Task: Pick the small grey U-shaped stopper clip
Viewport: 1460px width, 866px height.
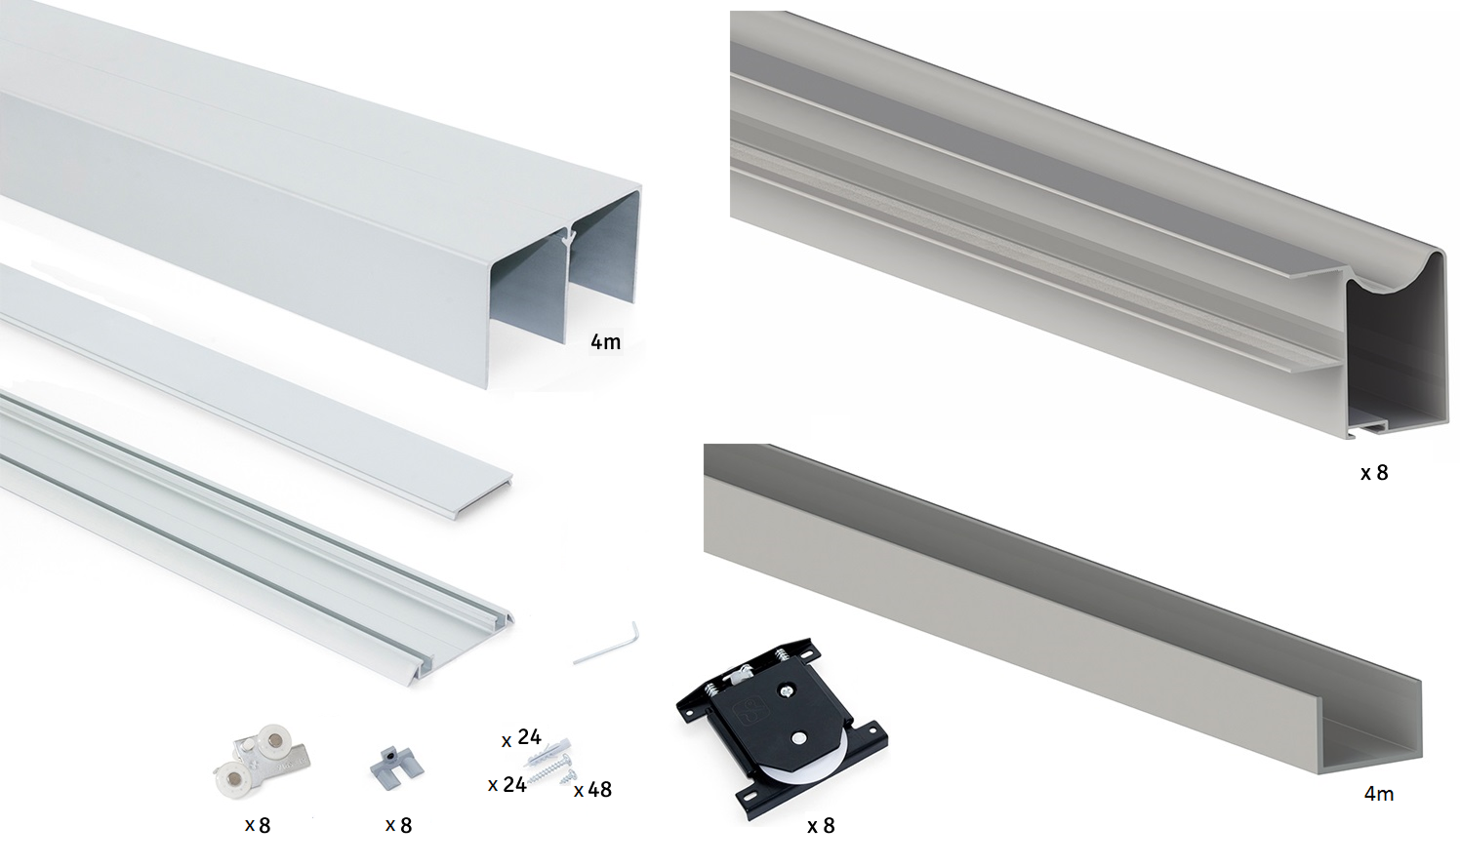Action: [x=396, y=765]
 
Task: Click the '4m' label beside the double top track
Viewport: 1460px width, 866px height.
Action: [x=605, y=342]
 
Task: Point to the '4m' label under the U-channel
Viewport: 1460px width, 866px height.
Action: [x=1379, y=794]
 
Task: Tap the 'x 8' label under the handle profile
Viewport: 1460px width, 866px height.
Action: [x=1374, y=473]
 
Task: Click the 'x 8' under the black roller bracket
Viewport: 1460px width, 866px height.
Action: [x=821, y=826]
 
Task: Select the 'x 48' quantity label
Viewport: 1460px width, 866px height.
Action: [x=592, y=790]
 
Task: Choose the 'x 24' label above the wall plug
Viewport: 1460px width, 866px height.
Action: [x=521, y=737]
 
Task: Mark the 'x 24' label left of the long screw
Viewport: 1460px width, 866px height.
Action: [x=507, y=785]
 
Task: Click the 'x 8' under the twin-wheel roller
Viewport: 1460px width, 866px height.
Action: [x=258, y=826]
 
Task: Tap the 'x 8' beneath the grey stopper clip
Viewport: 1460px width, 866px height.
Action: [x=398, y=826]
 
